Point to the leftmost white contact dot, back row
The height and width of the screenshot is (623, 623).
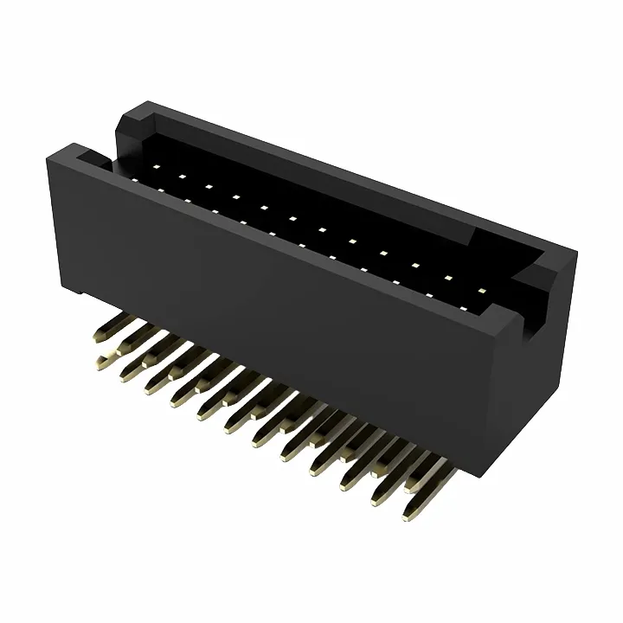(x=156, y=164)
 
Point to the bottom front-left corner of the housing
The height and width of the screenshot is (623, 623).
(x=61, y=286)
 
